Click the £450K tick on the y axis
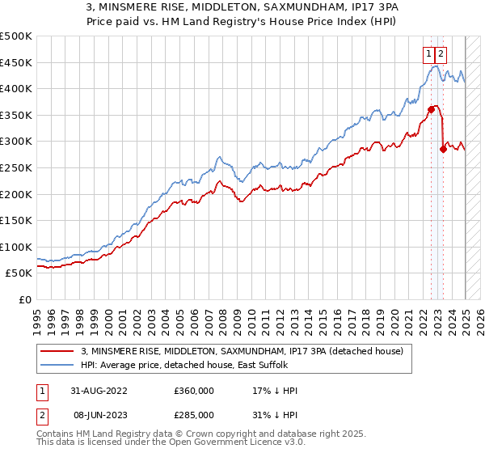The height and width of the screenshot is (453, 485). pos(16,62)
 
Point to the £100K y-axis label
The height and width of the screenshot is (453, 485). pos(16,247)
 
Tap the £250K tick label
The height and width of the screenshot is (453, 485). pos(16,167)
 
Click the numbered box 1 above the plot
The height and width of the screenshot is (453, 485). pos(428,54)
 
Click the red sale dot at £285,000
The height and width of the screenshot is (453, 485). pos(443,149)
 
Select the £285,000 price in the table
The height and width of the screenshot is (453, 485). pos(194,413)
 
